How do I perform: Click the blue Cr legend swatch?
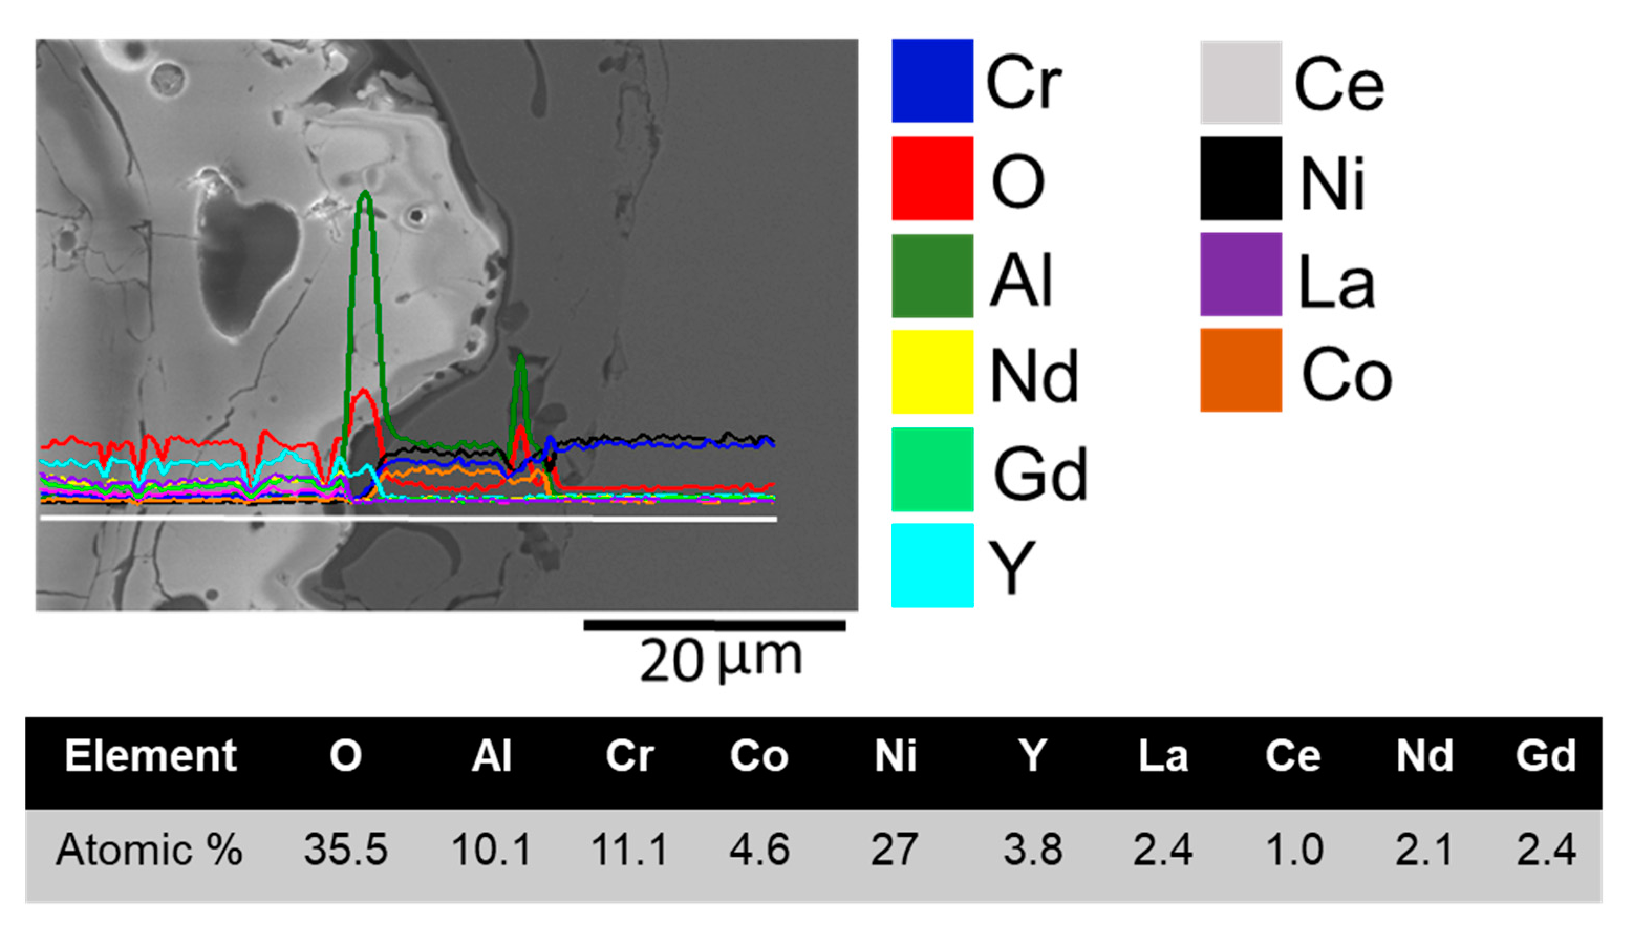pos(932,81)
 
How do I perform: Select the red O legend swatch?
pos(932,178)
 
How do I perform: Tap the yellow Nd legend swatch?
pos(932,372)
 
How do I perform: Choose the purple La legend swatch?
pos(1241,274)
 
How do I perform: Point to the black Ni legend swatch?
pos(1241,178)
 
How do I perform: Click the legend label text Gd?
pos(1040,474)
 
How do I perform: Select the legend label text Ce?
pos(1339,85)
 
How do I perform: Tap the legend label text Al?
pos(1021,280)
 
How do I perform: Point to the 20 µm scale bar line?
pos(714,626)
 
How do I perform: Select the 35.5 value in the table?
pos(346,850)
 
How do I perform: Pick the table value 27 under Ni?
pos(894,850)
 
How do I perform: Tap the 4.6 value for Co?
pos(759,850)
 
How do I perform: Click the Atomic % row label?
pos(149,850)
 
